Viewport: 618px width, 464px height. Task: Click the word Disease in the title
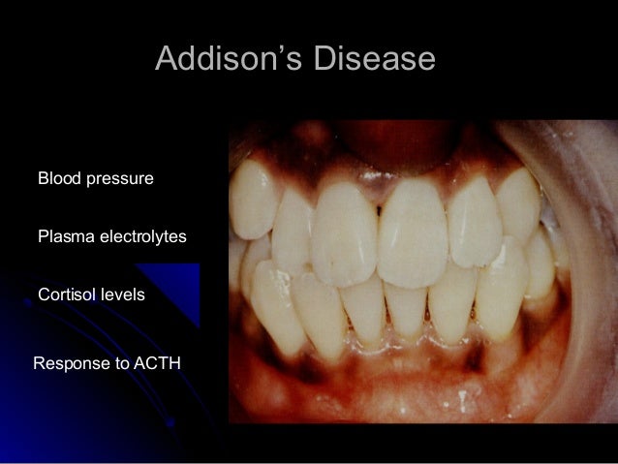pos(374,59)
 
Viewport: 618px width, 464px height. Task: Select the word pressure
pos(120,179)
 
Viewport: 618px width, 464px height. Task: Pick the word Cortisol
pos(65,294)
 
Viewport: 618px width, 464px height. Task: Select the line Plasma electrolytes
pos(111,236)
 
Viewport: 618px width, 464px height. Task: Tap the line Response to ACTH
pos(107,364)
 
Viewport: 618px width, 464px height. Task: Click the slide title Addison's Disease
pos(294,59)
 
